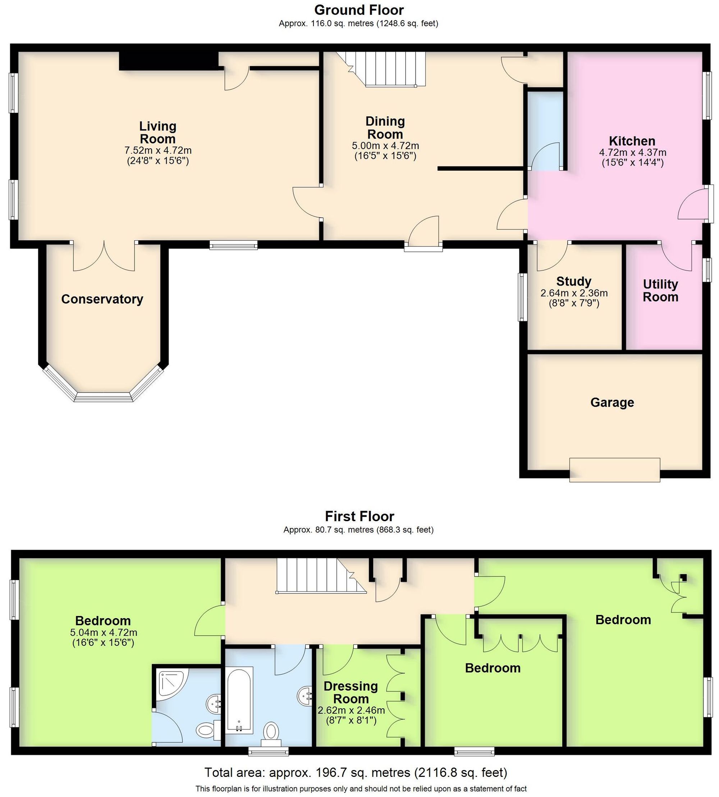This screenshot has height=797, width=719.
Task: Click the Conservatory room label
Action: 102,299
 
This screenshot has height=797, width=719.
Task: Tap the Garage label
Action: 612,402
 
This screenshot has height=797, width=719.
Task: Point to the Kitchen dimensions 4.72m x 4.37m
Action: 632,152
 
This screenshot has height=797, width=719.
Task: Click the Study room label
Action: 574,282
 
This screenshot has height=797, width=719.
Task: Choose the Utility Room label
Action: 660,291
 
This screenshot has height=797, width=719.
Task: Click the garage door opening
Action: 614,470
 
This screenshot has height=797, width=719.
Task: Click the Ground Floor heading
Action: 359,10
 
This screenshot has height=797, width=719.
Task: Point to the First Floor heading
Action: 359,516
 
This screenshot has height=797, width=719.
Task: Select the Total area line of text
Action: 356,773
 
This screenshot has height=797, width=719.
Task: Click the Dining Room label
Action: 385,128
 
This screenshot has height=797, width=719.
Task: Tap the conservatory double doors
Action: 104,256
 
